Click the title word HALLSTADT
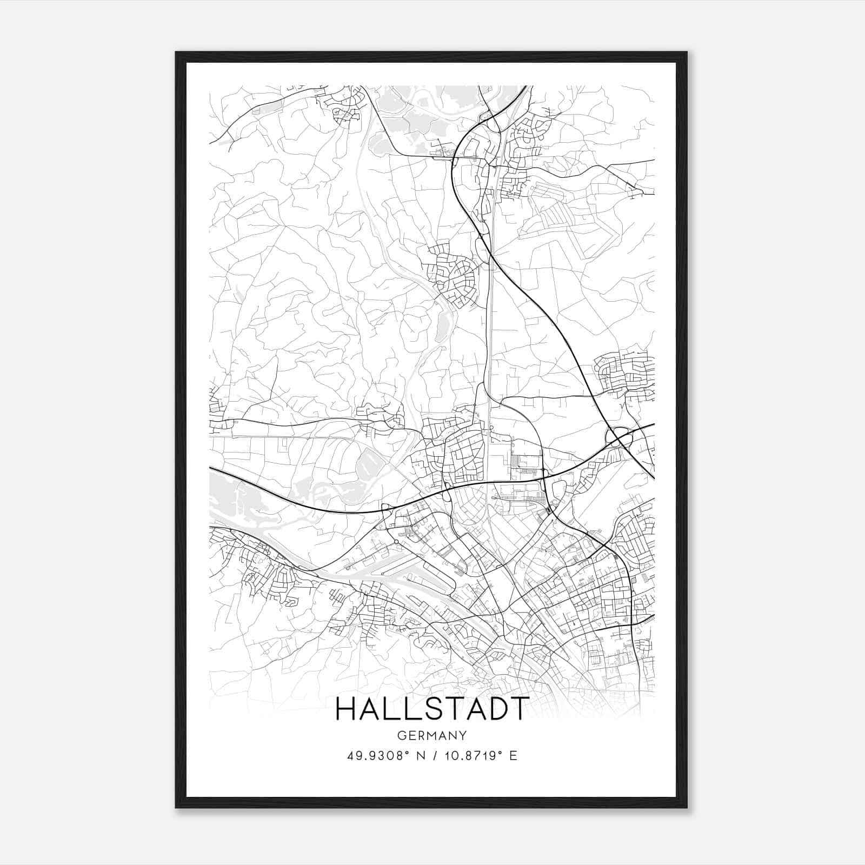click(x=431, y=709)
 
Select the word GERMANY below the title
click(x=432, y=736)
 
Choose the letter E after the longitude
click(x=513, y=756)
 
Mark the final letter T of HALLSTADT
click(x=518, y=709)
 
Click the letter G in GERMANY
click(x=401, y=736)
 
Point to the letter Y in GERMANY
click(x=463, y=736)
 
